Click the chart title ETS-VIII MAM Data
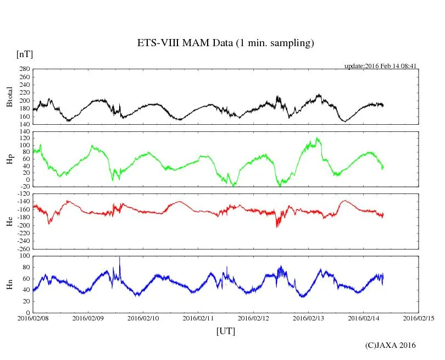click(x=225, y=43)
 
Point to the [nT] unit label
click(x=25, y=54)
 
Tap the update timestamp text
click(x=381, y=65)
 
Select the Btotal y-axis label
click(x=9, y=97)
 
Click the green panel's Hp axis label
click(x=9, y=159)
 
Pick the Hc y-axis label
click(x=9, y=221)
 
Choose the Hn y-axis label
click(x=9, y=284)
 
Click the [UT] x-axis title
click(x=226, y=331)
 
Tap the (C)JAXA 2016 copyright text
click(x=391, y=345)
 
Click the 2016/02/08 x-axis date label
click(x=33, y=318)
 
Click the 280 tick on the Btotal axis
click(x=24, y=69)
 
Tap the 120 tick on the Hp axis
click(x=24, y=139)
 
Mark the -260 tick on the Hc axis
click(x=21, y=248)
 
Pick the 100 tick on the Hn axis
click(x=24, y=256)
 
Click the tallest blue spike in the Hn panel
click(x=119, y=258)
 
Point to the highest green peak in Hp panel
click(x=317, y=139)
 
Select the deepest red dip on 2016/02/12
click(x=277, y=225)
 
